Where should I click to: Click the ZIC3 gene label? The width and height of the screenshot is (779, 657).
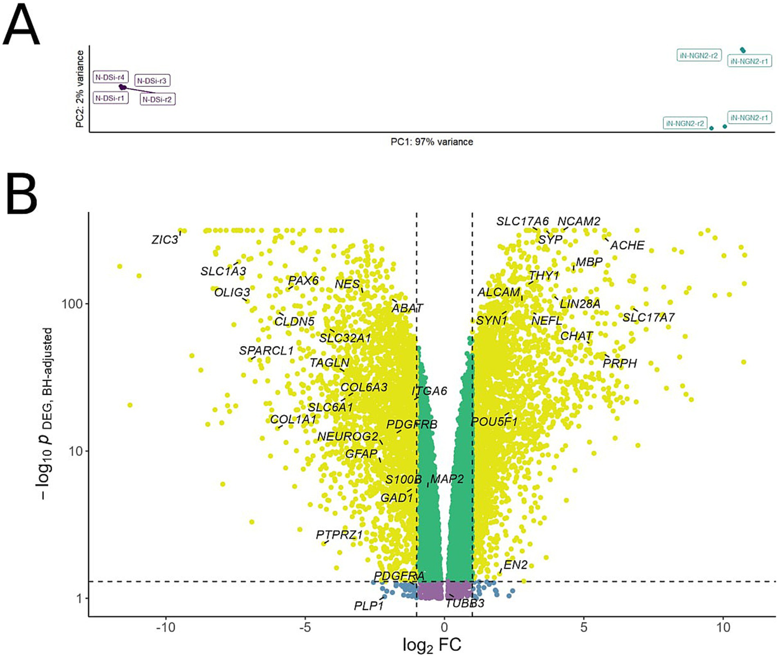[165, 239]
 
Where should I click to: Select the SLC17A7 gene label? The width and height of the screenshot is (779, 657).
[648, 318]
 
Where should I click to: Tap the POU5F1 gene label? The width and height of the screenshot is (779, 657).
[494, 422]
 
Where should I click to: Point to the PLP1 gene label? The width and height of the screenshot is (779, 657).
[368, 606]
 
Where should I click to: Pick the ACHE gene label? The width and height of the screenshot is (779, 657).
[627, 245]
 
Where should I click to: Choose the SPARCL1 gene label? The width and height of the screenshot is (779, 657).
[266, 351]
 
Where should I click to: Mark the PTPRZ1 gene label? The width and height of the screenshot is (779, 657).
[339, 535]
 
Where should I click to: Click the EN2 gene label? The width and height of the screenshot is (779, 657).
[515, 565]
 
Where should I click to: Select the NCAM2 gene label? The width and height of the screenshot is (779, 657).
[579, 222]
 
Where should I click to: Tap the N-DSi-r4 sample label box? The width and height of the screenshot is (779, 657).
[110, 78]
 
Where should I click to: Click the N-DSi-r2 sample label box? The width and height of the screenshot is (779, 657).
[157, 99]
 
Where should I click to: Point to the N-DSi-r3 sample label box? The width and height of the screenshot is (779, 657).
[152, 81]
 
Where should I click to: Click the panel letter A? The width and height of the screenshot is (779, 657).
[21, 26]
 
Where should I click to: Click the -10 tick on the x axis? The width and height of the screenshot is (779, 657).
[165, 628]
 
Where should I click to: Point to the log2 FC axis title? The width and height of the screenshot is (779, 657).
[431, 645]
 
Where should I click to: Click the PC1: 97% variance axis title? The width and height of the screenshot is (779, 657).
[431, 142]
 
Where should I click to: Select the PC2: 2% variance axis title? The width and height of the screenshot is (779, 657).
[80, 89]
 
